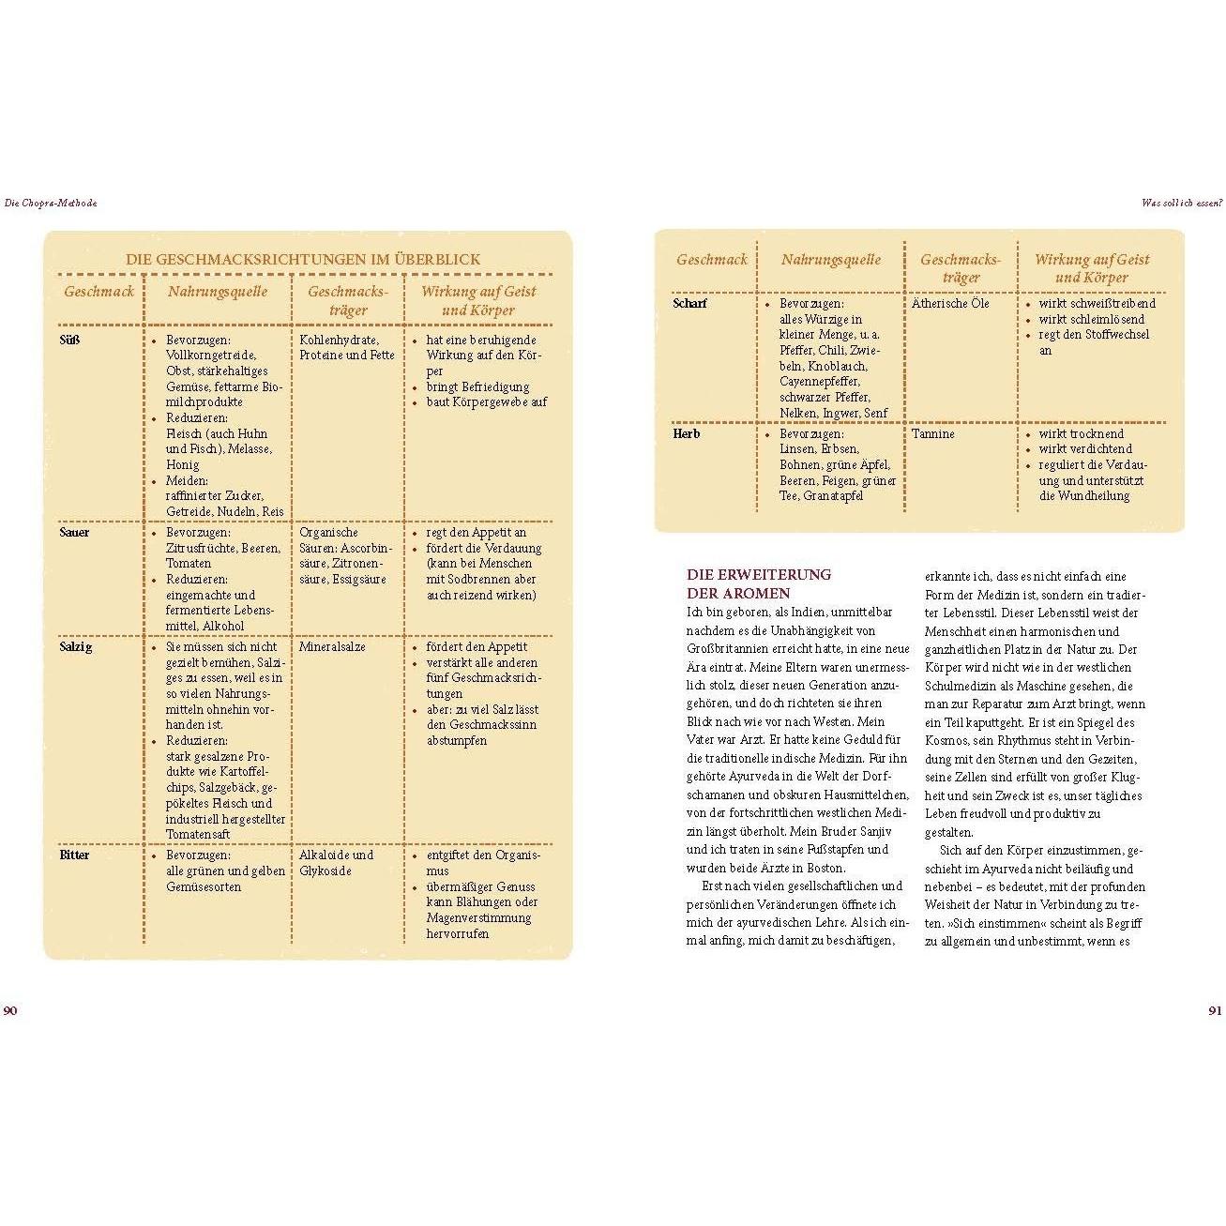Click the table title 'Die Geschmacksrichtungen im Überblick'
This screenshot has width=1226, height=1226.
pyautogui.click(x=303, y=260)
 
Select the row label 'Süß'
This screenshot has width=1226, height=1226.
pyautogui.click(x=69, y=340)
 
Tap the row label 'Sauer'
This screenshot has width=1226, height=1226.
pyautogui.click(x=74, y=533)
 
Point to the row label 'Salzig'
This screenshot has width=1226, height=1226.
pyautogui.click(x=75, y=647)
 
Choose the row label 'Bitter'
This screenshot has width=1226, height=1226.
pyautogui.click(x=74, y=855)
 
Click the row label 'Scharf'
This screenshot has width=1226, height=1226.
pyautogui.click(x=689, y=304)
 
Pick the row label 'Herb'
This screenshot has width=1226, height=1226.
pyautogui.click(x=687, y=434)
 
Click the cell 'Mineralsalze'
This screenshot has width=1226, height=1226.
pyautogui.click(x=332, y=647)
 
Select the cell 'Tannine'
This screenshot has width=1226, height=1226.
pyautogui.click(x=932, y=434)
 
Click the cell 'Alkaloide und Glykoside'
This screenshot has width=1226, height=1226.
pyautogui.click(x=336, y=863)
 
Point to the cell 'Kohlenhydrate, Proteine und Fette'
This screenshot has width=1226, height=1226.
pyautogui.click(x=346, y=347)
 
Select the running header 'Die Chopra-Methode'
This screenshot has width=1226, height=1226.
pyautogui.click(x=51, y=203)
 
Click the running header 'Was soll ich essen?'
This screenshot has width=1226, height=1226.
pyautogui.click(x=1181, y=203)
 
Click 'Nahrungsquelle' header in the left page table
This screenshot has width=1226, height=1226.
pyautogui.click(x=218, y=292)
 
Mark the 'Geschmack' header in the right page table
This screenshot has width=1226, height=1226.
pyautogui.click(x=711, y=260)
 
